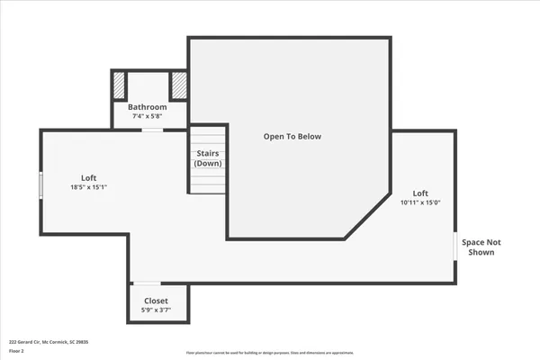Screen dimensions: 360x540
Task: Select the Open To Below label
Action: [292, 137]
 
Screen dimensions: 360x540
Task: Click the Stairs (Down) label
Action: [208, 157]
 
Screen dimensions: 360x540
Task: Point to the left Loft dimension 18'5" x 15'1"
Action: [89, 187]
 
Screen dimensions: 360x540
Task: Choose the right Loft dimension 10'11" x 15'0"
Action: [420, 202]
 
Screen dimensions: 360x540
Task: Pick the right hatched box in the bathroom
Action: [178, 85]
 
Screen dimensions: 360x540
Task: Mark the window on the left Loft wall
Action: [40, 184]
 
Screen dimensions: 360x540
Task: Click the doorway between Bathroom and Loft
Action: [152, 130]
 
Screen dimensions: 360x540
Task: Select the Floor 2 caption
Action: [16, 351]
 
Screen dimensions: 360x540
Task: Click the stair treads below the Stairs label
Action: [207, 182]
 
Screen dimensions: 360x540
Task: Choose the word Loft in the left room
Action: [89, 178]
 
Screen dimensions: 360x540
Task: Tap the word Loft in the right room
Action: [420, 193]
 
